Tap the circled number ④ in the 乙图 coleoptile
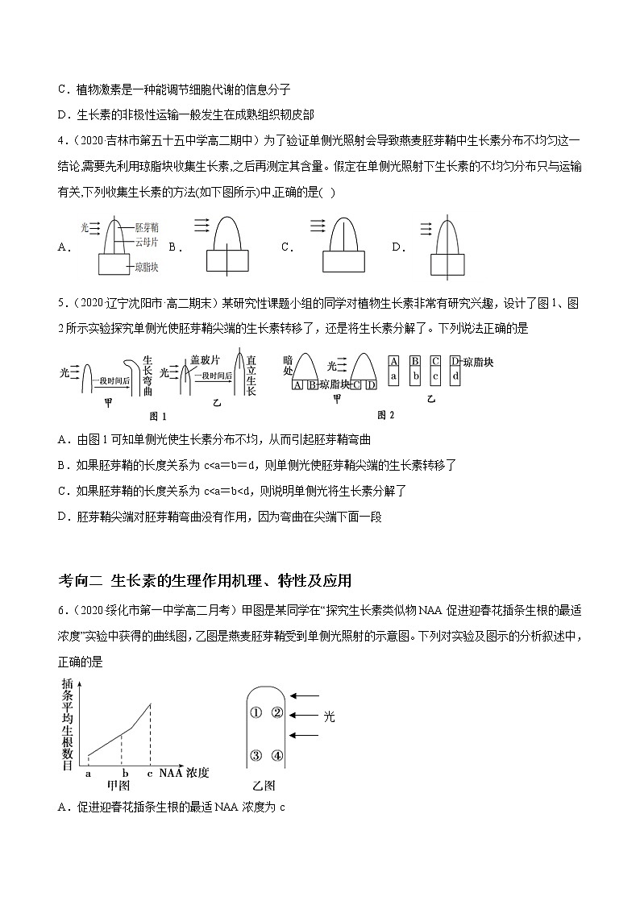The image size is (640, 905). pyautogui.click(x=277, y=755)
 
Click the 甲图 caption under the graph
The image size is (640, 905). pyautogui.click(x=118, y=785)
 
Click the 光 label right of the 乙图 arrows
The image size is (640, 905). pyautogui.click(x=329, y=715)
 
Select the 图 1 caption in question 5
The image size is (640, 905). pyautogui.click(x=158, y=416)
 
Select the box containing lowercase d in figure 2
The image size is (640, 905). pyautogui.click(x=455, y=376)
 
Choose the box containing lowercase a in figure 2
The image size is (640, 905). pyautogui.click(x=393, y=376)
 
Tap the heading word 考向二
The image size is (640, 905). pyautogui.click(x=81, y=580)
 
